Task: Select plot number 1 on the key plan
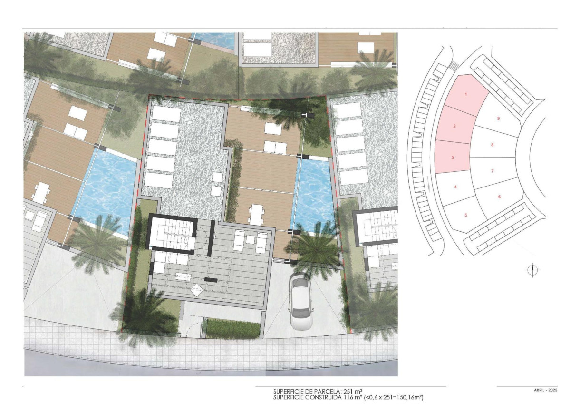[466, 94]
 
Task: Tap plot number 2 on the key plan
[455, 126]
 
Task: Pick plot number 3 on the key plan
[453, 158]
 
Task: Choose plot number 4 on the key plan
[455, 187]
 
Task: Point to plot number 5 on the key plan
[466, 215]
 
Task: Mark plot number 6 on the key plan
[499, 197]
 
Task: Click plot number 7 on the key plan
[493, 170]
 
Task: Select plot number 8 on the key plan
[493, 145]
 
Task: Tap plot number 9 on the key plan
[498, 118]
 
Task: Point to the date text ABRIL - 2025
[546, 390]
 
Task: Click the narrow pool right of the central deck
[314, 195]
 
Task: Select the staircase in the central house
[171, 234]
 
